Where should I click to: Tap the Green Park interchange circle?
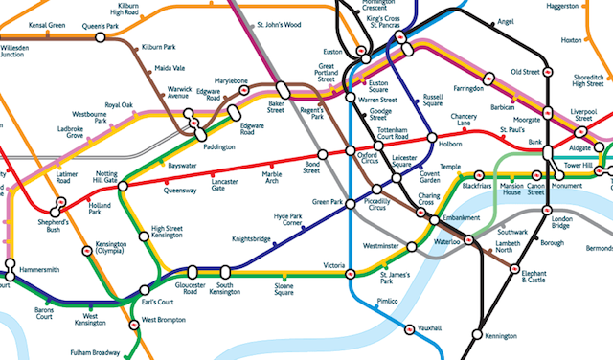pyautogui.click(x=348, y=202)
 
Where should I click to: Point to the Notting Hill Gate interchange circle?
pyautogui.click(x=123, y=185)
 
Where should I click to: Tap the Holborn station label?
pyautogui.click(x=450, y=143)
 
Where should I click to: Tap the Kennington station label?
pyautogui.click(x=500, y=337)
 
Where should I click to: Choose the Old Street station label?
pyautogui.click(x=525, y=72)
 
